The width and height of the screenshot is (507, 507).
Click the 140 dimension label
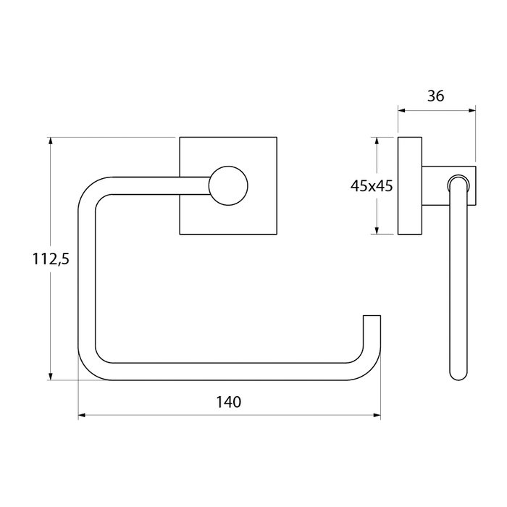[228, 402]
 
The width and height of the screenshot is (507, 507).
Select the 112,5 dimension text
[51, 259]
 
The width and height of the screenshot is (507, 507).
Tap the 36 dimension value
[435, 96]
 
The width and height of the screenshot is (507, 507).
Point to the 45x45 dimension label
[372, 186]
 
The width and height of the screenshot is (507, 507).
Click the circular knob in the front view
[228, 186]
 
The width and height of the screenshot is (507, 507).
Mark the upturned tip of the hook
[372, 317]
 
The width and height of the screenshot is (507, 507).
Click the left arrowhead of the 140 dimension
[82, 415]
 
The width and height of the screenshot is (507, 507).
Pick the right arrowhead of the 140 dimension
[377, 415]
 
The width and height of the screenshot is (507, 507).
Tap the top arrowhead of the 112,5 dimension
[50, 141]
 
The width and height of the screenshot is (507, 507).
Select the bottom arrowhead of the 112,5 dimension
[50, 377]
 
